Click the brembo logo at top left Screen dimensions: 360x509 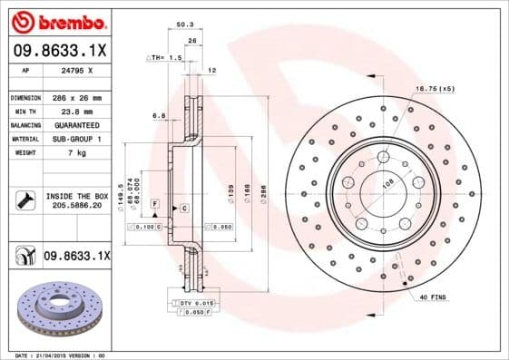point(58,20)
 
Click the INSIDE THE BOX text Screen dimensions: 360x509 point(76,196)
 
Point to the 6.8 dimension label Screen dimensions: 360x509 point(158,115)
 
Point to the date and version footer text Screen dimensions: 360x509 point(61,355)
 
